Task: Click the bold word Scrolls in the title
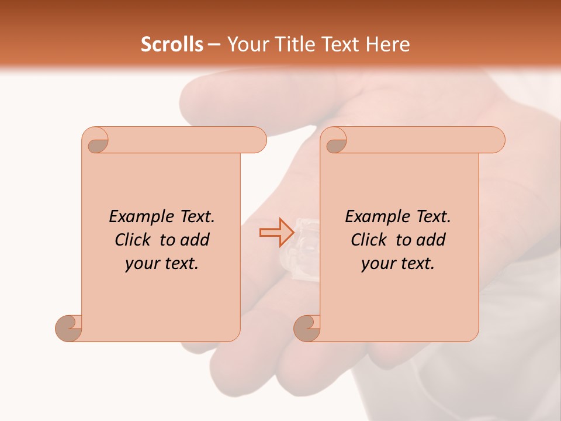point(172,44)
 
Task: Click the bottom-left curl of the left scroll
point(69,328)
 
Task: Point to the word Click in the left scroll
point(136,240)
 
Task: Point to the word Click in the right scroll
point(372,240)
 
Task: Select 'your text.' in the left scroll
point(161,263)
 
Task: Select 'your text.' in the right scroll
point(397,263)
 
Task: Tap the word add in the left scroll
point(196,240)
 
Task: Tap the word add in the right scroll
point(432,240)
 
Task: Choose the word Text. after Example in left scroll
point(196,217)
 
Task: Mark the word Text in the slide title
point(338,44)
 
